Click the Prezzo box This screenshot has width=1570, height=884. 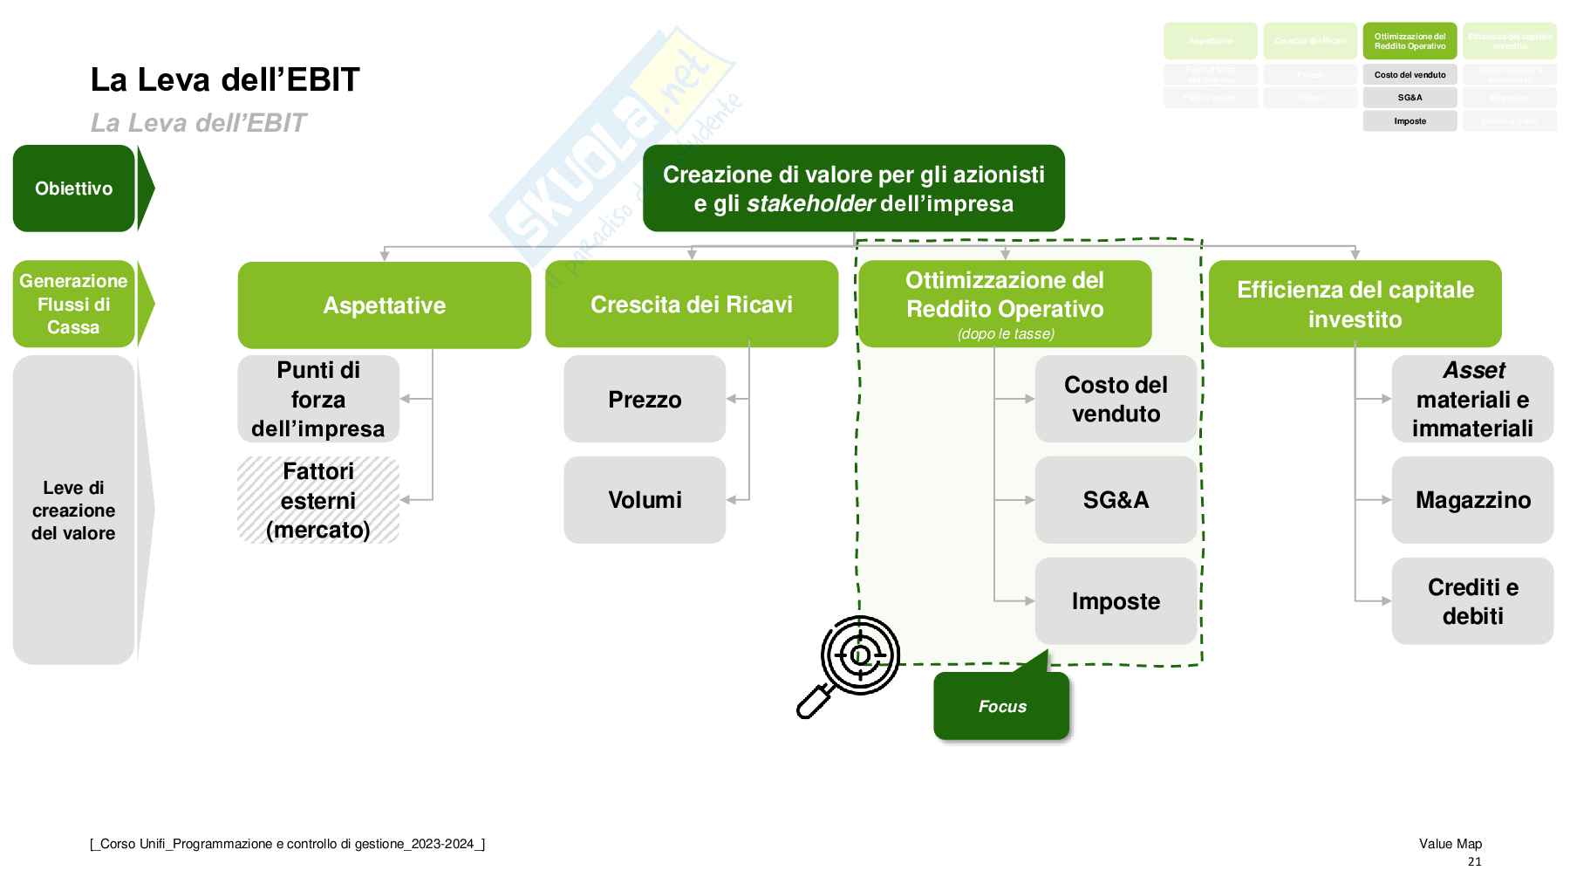[x=645, y=399]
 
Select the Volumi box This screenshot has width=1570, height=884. [x=645, y=500]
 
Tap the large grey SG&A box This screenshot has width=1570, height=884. [x=1116, y=500]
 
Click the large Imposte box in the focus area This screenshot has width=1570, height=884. [x=1116, y=601]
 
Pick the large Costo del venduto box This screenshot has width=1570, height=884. [x=1116, y=399]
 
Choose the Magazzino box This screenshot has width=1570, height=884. [x=1472, y=500]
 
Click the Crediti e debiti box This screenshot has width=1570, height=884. [x=1472, y=601]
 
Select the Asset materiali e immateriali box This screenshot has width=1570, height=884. [x=1472, y=399]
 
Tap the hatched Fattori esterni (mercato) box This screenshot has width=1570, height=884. [x=318, y=500]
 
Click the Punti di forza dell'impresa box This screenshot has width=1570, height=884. [x=318, y=399]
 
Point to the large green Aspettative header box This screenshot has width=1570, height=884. [x=384, y=305]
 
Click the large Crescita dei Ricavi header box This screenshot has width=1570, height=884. [x=692, y=304]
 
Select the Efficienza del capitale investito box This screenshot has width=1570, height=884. [x=1355, y=304]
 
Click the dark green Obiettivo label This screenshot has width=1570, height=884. [x=74, y=188]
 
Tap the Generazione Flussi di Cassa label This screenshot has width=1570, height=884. [x=74, y=304]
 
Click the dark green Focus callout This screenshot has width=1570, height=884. [x=1001, y=706]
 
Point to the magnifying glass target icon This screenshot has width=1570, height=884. [x=851, y=663]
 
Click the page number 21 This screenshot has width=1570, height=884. [x=1474, y=861]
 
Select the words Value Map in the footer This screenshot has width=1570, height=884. [x=1451, y=844]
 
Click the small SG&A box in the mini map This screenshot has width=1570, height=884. [x=1410, y=98]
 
